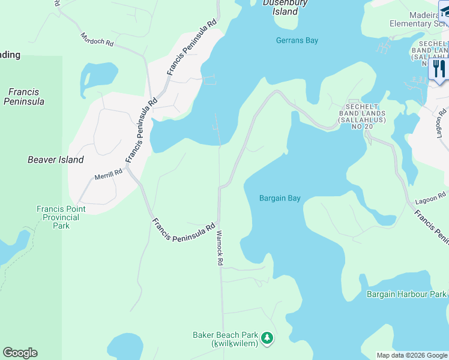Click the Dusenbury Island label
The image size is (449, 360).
pos(285,7)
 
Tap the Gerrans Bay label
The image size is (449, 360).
pos(297,41)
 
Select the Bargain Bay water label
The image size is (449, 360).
pos(280,198)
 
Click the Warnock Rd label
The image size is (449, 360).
pos(220,248)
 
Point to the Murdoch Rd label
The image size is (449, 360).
pos(97,40)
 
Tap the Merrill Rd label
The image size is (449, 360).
pos(108,174)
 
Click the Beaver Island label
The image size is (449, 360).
pos(56,160)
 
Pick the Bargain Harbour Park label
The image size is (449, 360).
pos(407,294)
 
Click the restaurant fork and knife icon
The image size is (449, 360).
pos(439,68)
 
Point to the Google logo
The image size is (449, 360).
pos(20,353)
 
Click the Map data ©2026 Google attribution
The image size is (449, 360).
pos(411,355)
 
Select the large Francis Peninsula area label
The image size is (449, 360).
pos(24,97)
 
